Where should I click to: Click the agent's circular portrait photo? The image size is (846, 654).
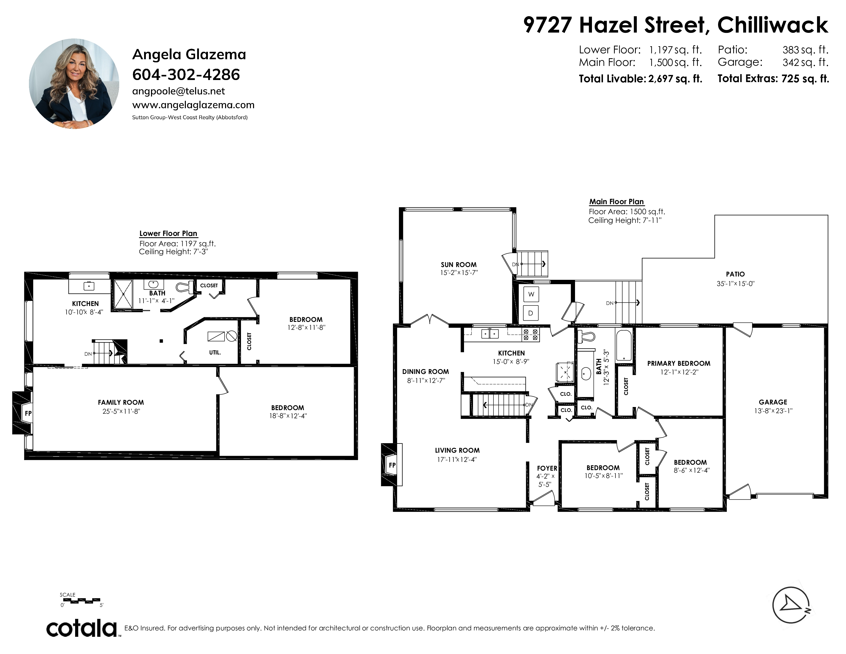pyautogui.click(x=74, y=83)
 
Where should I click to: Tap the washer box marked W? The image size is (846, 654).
pyautogui.click(x=531, y=294)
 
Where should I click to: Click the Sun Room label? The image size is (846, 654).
pyautogui.click(x=459, y=265)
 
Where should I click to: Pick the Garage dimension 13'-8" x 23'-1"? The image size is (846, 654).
pyautogui.click(x=773, y=411)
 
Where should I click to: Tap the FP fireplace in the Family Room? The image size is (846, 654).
pyautogui.click(x=23, y=413)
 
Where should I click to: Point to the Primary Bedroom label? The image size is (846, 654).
pyautogui.click(x=679, y=363)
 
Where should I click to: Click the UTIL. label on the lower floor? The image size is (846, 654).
pyautogui.click(x=215, y=353)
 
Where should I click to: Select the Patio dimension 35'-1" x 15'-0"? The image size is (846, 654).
pyautogui.click(x=736, y=284)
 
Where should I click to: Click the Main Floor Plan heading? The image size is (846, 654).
pyautogui.click(x=616, y=202)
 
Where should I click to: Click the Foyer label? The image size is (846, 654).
pyautogui.click(x=547, y=468)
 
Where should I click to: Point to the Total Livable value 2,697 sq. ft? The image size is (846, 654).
pyautogui.click(x=675, y=79)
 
